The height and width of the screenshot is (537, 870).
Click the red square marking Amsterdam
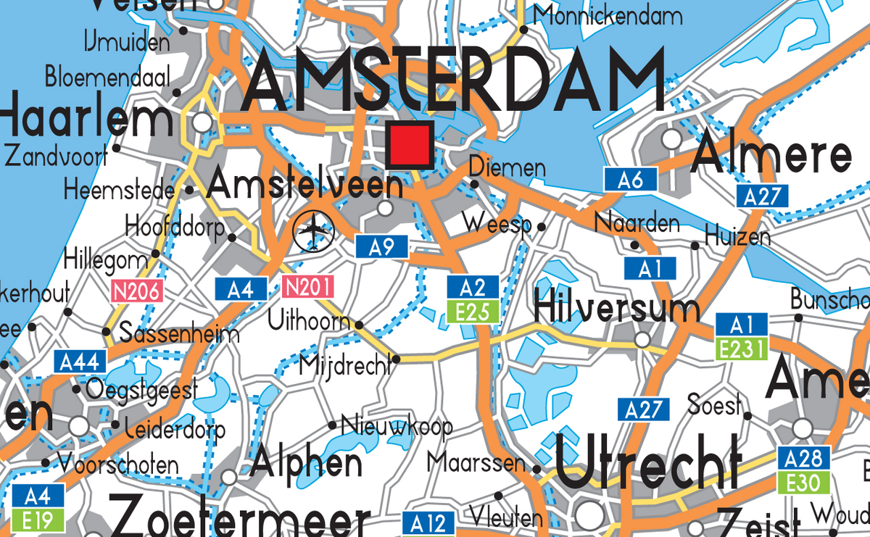410,145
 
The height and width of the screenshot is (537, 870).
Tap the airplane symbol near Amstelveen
313,232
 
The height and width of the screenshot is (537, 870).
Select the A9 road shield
381,247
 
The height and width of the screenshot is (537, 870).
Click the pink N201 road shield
303,288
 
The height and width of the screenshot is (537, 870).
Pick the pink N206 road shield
136,291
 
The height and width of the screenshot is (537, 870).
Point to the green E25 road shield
473,312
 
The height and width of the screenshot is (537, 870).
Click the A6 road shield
630,180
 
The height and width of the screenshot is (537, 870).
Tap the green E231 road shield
741,349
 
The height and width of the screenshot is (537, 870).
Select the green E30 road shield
803,482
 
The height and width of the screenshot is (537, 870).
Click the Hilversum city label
616,307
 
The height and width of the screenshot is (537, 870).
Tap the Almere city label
772,156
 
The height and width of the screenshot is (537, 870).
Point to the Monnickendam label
608,15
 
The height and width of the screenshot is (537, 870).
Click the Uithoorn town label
309,320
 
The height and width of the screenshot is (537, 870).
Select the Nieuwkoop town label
397,425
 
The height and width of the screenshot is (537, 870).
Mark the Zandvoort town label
56,154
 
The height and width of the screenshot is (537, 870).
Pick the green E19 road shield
33,520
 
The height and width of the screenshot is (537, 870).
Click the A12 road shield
428,523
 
